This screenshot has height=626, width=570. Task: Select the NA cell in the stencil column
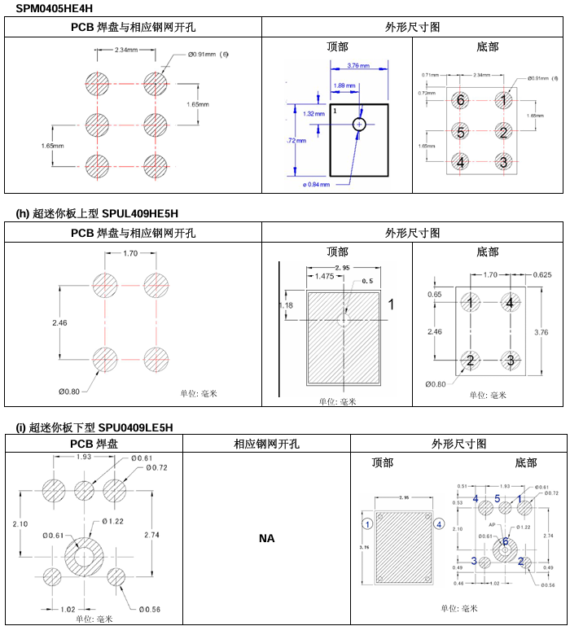click(266, 538)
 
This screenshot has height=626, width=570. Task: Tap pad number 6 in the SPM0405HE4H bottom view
click(460, 100)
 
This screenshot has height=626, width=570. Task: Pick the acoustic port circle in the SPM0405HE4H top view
click(360, 125)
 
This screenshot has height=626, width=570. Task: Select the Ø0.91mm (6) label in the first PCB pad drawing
click(208, 55)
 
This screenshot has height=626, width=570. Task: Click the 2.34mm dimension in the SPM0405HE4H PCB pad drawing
click(125, 50)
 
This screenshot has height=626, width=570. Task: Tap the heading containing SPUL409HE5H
click(97, 214)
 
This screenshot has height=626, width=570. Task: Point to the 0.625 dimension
click(542, 275)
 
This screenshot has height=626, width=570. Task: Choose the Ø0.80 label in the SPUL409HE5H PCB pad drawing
click(70, 391)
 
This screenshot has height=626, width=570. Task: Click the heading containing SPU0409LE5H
click(94, 427)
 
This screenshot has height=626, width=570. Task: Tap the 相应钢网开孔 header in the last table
click(266, 444)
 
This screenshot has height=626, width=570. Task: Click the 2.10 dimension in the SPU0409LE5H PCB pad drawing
click(20, 524)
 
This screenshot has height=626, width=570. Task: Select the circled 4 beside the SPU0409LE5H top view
click(440, 523)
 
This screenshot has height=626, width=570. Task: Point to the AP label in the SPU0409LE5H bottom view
click(492, 526)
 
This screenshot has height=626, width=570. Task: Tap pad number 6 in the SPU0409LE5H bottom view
click(505, 541)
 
